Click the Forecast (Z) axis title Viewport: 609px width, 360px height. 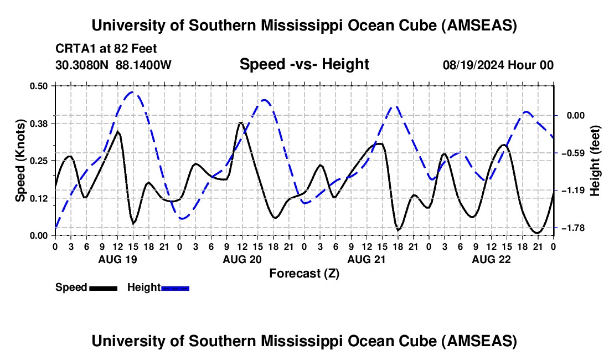(x=304, y=273)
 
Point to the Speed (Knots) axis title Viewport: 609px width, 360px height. (x=20, y=161)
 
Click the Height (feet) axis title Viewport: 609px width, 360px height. (x=595, y=161)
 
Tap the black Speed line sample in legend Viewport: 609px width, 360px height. (x=103, y=287)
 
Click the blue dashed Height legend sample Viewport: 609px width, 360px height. (x=176, y=287)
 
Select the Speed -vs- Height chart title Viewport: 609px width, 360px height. (x=304, y=64)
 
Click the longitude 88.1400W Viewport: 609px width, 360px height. (x=144, y=65)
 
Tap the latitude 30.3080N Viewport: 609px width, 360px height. (x=83, y=65)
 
